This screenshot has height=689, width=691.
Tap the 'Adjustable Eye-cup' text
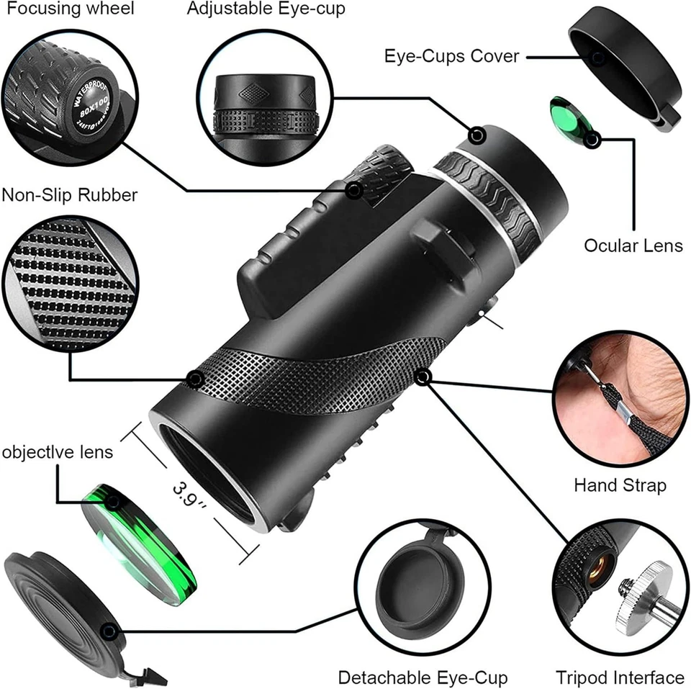coord(266,9)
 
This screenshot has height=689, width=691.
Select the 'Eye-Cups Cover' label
coord(451,55)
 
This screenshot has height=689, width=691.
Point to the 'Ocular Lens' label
coord(633,246)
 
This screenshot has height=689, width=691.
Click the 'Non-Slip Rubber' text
coord(70,195)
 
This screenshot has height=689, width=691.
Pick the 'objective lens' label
coord(58,452)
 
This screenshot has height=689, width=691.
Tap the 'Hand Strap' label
coord(620,485)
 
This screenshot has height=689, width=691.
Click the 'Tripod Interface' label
coord(620,677)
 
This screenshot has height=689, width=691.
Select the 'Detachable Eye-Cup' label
coord(423,677)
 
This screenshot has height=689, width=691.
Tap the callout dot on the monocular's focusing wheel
coord(354,190)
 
